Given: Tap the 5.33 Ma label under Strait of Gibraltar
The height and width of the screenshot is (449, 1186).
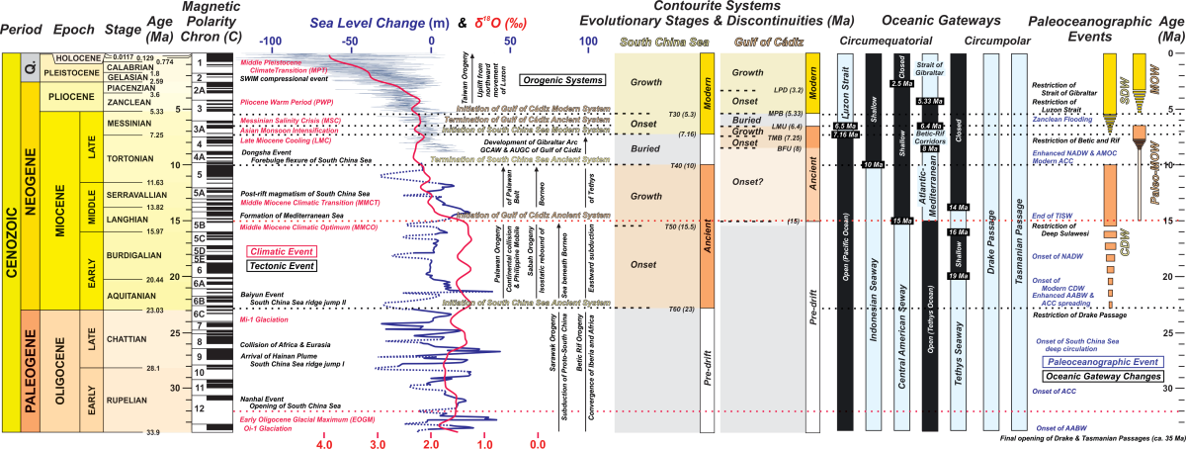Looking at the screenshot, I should (x=931, y=101).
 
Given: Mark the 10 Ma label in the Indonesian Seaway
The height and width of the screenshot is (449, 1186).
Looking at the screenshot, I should (x=874, y=164).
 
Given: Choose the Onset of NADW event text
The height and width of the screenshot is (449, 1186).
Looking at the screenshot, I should (x=1057, y=257).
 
